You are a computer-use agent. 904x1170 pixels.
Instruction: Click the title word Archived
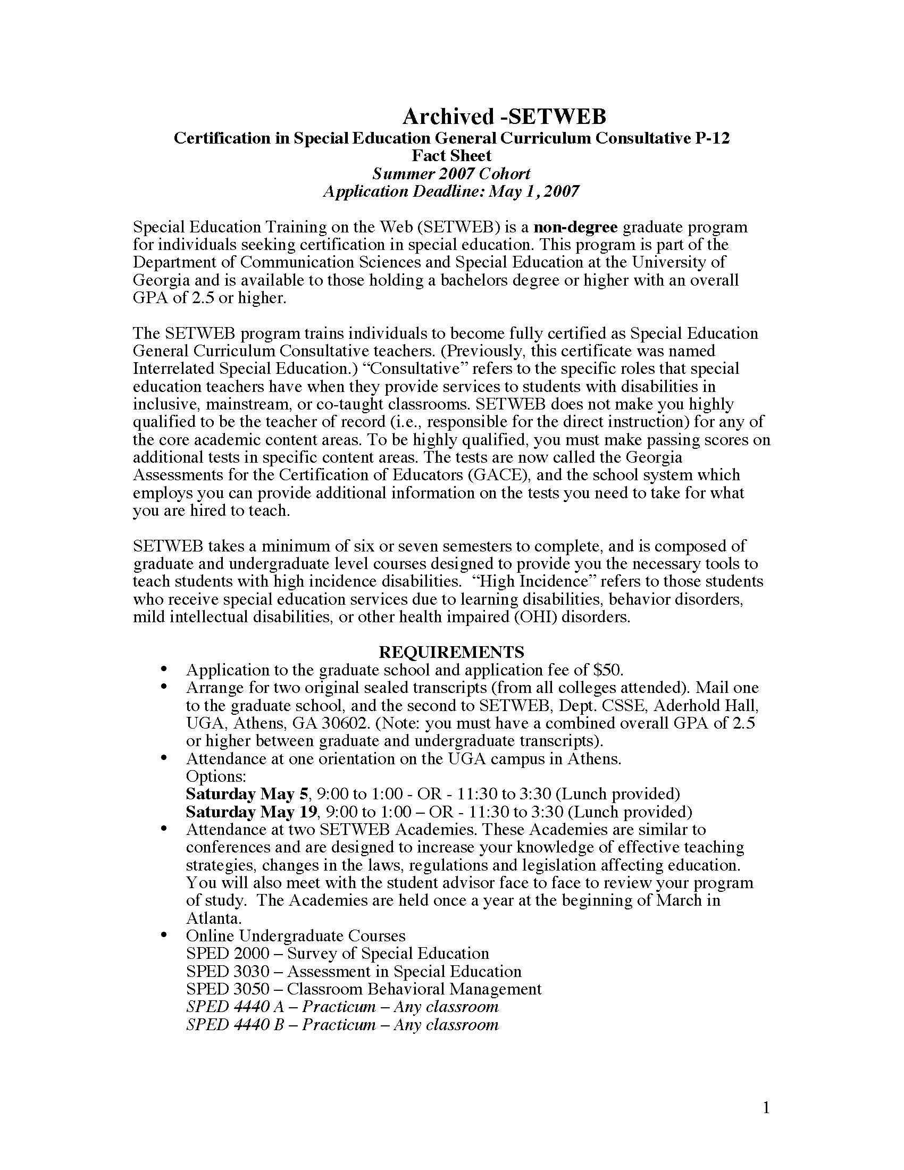[x=448, y=116]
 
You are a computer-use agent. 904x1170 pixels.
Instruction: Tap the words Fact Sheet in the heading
[x=451, y=156]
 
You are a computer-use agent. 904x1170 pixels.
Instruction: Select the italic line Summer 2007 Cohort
[x=451, y=173]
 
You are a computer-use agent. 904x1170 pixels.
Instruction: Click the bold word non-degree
[x=576, y=227]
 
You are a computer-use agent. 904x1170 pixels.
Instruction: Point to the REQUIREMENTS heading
[x=451, y=652]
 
